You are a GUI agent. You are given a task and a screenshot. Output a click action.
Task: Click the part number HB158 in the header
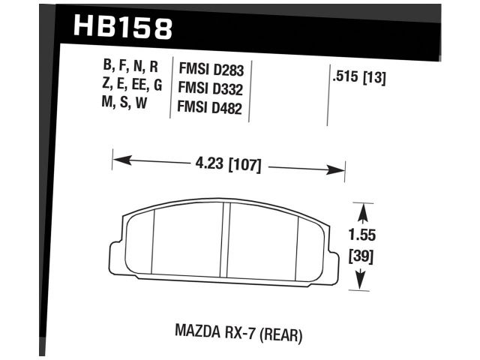[x=124, y=28]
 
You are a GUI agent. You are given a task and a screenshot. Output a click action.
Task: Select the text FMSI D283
[x=211, y=69]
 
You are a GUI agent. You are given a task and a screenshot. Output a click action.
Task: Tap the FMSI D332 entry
[x=211, y=88]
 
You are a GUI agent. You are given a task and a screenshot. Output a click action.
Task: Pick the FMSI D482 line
[x=211, y=106]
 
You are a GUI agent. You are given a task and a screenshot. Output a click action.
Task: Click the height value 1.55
[x=362, y=234]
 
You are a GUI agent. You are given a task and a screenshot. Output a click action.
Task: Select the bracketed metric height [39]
[x=362, y=257]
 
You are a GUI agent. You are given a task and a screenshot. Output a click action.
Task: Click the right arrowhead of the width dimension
[x=338, y=169]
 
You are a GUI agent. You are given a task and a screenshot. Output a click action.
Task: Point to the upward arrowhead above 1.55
[x=362, y=206]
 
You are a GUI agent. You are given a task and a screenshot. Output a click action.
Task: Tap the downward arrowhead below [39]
[x=362, y=283]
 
